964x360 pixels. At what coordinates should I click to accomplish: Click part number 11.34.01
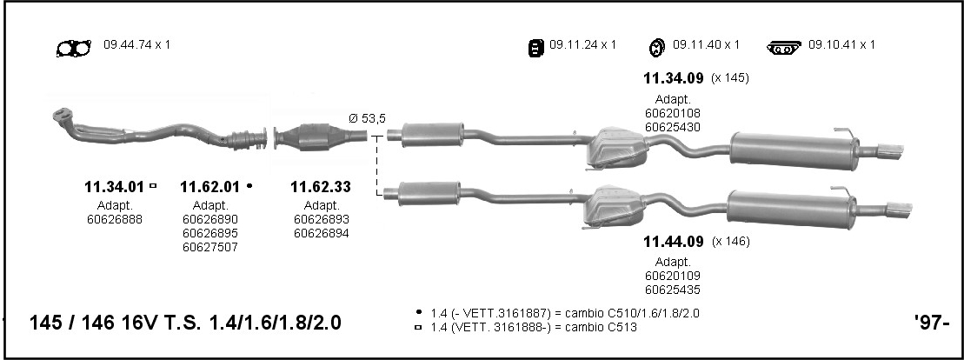114,186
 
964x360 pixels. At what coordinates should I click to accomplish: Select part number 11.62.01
209,186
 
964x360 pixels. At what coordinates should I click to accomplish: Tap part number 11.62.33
320,186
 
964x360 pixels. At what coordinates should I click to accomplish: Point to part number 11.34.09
673,78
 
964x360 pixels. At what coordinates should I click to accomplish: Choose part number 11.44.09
673,242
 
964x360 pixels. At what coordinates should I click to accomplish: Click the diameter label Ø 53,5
367,119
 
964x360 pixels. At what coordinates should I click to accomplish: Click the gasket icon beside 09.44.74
74,48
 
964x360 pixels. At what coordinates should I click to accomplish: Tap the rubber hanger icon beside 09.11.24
536,47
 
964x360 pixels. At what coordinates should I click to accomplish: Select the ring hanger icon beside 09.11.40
657,47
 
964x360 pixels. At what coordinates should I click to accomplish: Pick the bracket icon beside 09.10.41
784,47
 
